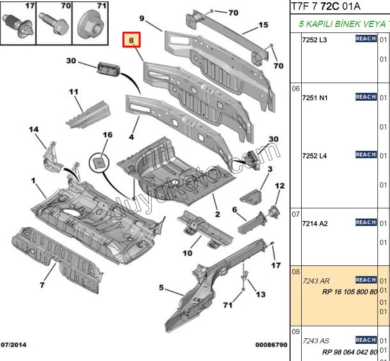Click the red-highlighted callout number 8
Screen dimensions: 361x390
tap(131, 41)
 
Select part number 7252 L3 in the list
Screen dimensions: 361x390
tap(315, 40)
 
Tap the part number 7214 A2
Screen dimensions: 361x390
tap(315, 224)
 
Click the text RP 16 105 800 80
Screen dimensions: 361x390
tap(349, 292)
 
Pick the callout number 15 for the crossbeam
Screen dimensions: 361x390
tap(263, 25)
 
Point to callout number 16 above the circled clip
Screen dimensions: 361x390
tap(107, 135)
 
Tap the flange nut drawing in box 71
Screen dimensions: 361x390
tap(90, 26)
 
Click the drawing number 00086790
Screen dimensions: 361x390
tap(271, 345)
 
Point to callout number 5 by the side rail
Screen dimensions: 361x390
tap(161, 288)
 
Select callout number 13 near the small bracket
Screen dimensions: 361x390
tap(261, 294)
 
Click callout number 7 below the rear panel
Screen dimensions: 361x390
tap(41, 284)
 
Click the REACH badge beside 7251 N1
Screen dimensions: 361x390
tap(366, 97)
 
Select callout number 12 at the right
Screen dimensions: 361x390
tap(279, 186)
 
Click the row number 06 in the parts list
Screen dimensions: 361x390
tap(296, 89)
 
